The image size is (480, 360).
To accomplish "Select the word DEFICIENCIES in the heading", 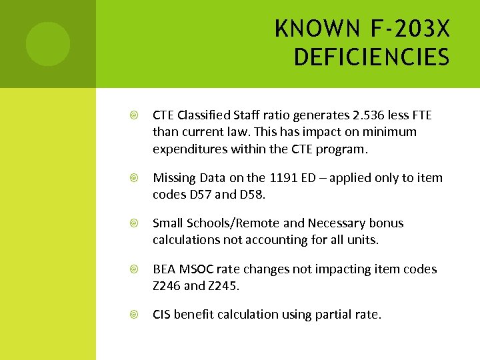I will [371, 57].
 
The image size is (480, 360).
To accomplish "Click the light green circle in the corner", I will [48, 44].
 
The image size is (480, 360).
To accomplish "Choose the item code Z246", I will [167, 285].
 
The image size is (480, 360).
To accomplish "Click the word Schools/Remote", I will [228, 223].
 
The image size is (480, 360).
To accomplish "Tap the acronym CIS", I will [161, 315].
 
